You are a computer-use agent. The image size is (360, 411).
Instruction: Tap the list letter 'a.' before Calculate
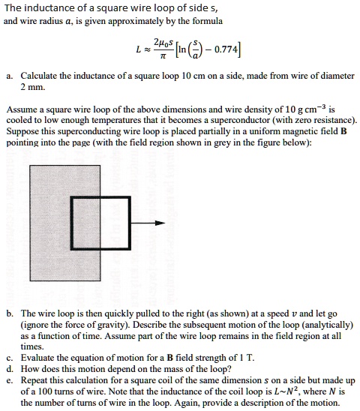(x=8, y=76)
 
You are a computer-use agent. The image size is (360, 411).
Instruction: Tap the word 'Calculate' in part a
(x=41, y=76)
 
